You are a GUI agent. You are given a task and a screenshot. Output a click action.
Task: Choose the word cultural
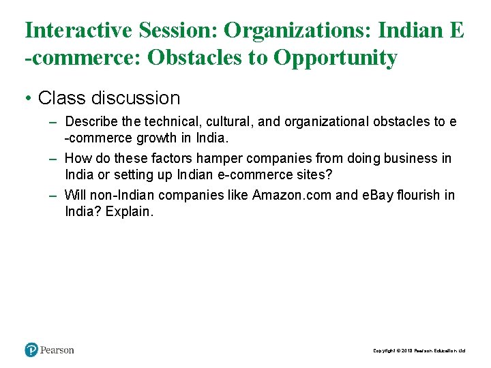click(x=230, y=122)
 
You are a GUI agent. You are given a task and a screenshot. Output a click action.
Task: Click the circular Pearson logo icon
click(x=31, y=350)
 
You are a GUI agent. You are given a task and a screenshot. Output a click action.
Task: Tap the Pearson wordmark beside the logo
click(x=57, y=350)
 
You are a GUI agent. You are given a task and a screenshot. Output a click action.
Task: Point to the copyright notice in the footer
click(x=419, y=351)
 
